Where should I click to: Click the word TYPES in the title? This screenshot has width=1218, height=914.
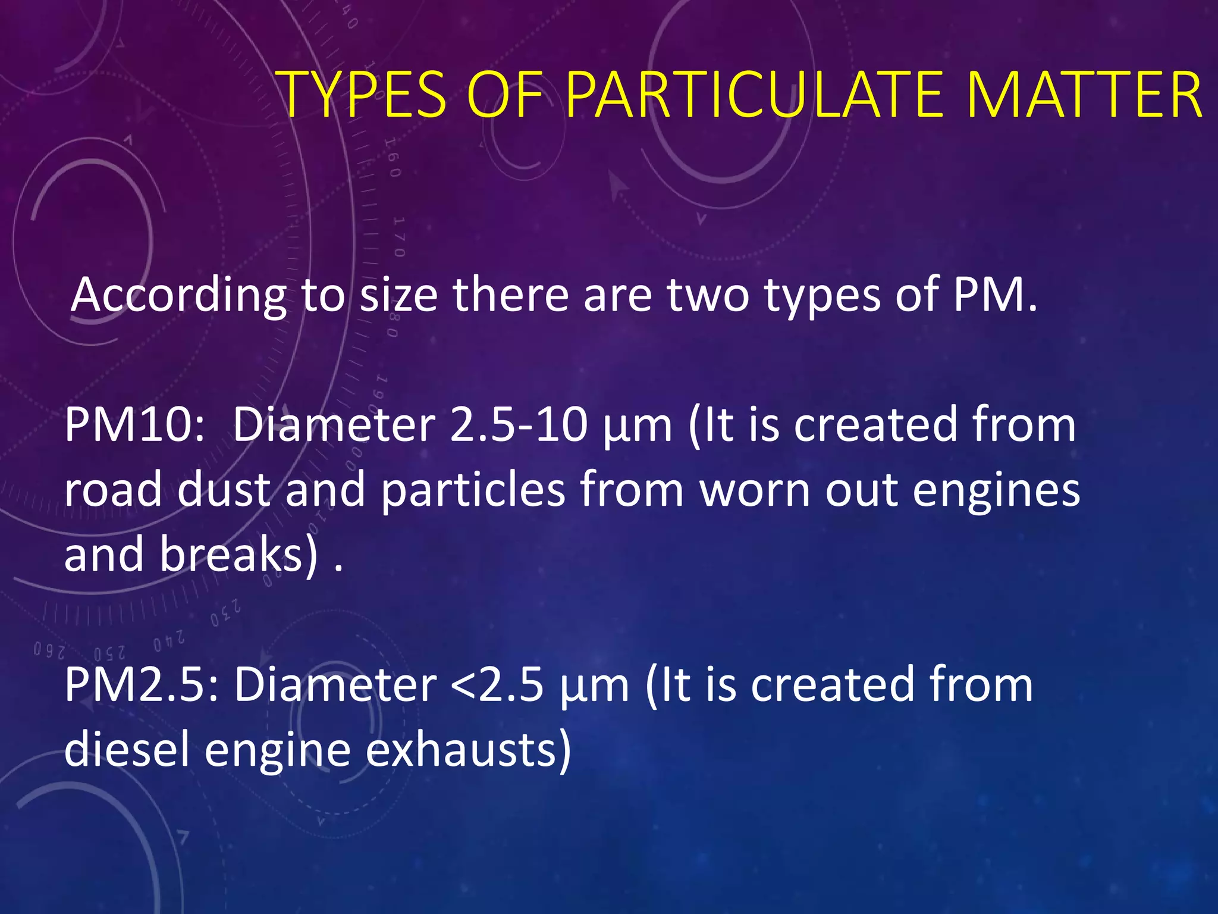click(363, 95)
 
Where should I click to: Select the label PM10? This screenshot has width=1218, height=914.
click(134, 425)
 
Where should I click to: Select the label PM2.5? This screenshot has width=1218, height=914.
click(142, 685)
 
